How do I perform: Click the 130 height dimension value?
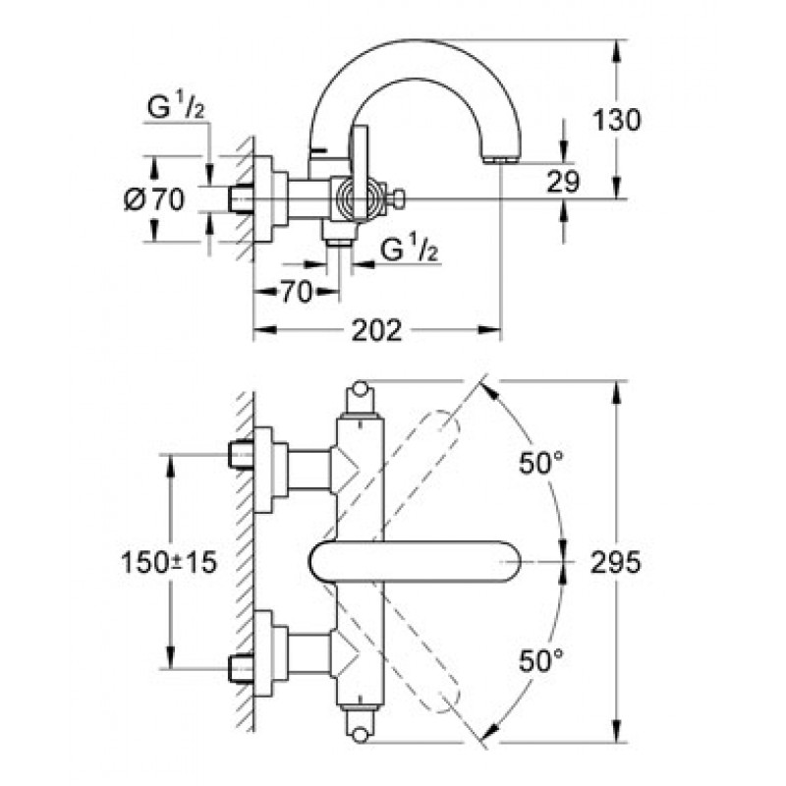tap(618, 121)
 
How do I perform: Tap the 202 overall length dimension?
tap(376, 331)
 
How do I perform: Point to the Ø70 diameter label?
tap(154, 199)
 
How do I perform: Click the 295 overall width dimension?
tap(618, 562)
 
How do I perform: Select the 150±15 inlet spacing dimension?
tap(168, 562)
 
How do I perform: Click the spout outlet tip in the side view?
tap(500, 157)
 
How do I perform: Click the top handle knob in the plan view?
tap(360, 390)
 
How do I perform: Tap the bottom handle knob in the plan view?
tap(360, 733)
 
